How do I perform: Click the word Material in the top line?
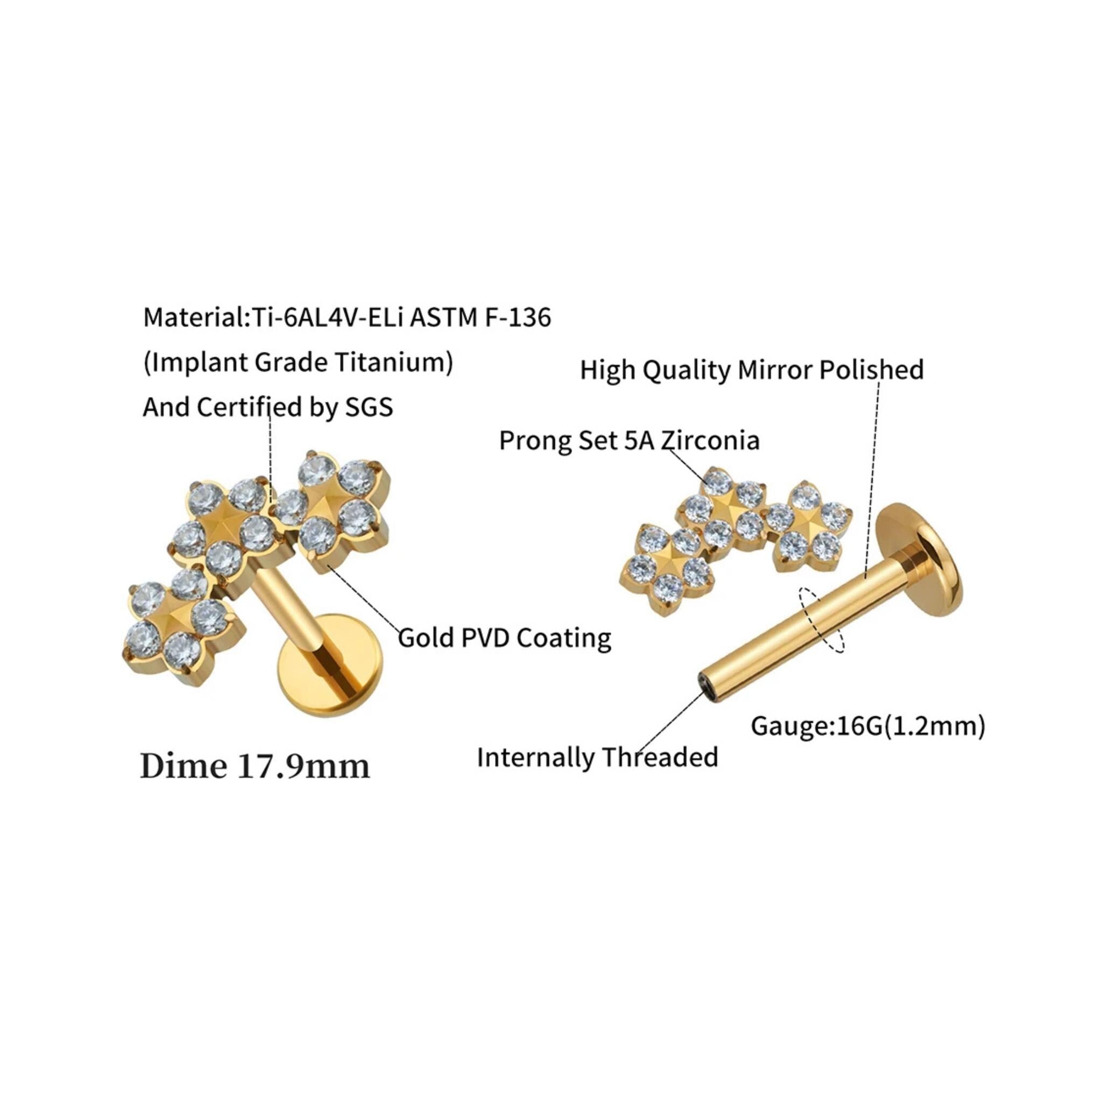193,317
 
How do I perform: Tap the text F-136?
518,317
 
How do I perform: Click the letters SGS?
369,407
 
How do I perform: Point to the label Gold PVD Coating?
504,637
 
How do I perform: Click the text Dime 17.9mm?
255,767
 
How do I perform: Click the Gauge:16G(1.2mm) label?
867,726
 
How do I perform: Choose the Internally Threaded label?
597,758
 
